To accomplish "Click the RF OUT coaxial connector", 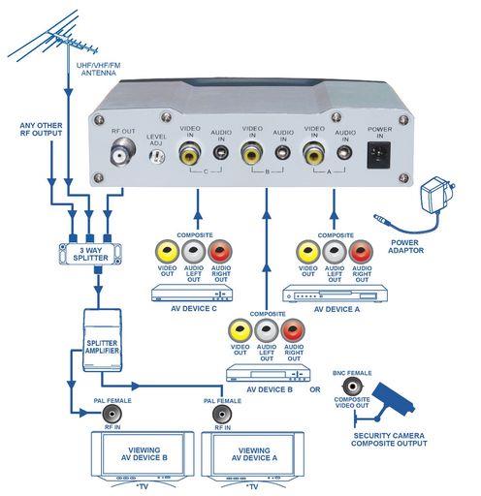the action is [x=122, y=151].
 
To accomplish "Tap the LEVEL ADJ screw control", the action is [x=157, y=157].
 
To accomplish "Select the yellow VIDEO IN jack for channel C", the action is [x=189, y=153].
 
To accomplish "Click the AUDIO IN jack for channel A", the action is [x=344, y=152].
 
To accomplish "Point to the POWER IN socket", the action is [x=378, y=155].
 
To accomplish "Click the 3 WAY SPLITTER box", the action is [x=90, y=254].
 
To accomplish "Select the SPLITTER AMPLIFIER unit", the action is [x=102, y=340].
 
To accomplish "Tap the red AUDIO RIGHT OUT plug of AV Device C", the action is [x=220, y=252].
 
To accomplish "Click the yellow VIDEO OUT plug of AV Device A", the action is [x=307, y=252].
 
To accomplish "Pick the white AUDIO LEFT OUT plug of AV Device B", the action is [x=267, y=330].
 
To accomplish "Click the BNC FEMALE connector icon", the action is [x=352, y=387].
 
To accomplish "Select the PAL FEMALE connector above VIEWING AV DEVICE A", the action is [x=222, y=415].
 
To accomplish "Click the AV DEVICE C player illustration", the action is [x=192, y=294].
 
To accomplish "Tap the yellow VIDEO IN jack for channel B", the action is [x=251, y=153].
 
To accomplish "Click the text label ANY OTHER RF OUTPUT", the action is [x=41, y=129].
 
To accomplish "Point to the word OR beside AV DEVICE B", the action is [x=315, y=389].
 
